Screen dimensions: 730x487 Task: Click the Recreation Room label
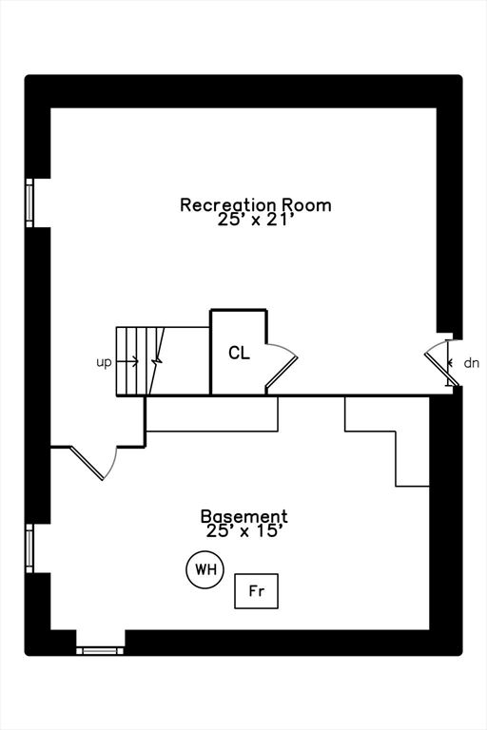tap(256, 204)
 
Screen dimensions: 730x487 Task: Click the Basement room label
tap(243, 516)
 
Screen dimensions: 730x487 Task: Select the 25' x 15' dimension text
tap(243, 532)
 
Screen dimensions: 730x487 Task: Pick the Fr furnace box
tap(256, 591)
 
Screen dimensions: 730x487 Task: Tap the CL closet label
tap(239, 354)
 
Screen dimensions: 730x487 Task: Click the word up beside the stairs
tap(104, 362)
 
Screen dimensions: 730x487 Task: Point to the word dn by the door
tap(471, 363)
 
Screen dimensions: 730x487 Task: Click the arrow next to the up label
tap(130, 361)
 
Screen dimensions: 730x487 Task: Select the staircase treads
tap(135, 361)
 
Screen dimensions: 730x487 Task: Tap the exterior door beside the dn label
tap(442, 363)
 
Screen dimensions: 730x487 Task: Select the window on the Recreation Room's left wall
tap(29, 202)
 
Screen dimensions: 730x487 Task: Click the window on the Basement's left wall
tap(29, 548)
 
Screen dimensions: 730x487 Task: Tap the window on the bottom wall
tap(101, 650)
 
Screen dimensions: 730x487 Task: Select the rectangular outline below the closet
tap(212, 414)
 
